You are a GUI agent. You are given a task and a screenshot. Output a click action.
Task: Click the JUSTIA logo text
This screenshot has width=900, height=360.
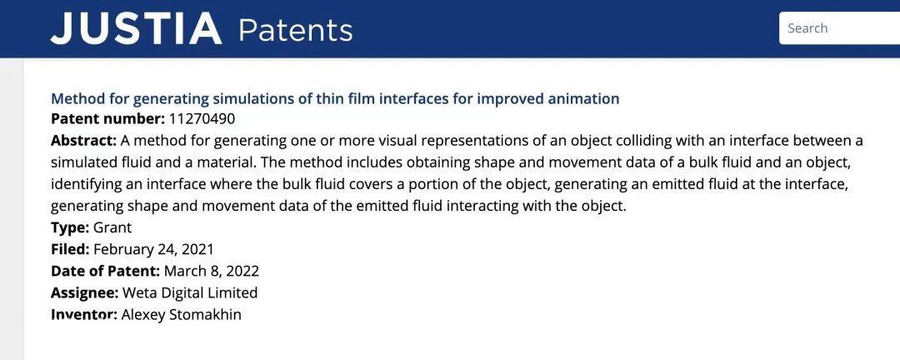(136, 27)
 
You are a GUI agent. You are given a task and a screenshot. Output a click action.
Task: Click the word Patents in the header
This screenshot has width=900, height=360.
(295, 29)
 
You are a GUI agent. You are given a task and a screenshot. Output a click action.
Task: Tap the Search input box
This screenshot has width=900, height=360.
(839, 28)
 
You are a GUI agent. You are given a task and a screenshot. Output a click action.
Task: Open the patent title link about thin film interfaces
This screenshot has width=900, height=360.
(335, 99)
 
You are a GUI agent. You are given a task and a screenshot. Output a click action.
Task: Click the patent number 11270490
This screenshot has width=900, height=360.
(202, 119)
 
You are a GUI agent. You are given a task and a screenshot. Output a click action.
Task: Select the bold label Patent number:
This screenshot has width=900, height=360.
(107, 119)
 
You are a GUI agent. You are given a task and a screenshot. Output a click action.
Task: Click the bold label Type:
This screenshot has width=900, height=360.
(70, 228)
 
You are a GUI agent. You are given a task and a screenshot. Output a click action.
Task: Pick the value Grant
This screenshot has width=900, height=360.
(112, 228)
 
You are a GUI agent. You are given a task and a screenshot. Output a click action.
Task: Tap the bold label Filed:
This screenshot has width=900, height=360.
(71, 250)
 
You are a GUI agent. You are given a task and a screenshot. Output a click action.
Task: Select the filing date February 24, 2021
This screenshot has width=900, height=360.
(154, 250)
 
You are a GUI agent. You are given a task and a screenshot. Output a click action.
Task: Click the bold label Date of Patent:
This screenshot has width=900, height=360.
(106, 272)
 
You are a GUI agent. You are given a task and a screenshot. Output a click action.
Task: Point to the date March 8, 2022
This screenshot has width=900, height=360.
(212, 272)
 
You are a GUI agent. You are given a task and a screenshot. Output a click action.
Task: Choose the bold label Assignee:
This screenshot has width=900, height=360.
(84, 293)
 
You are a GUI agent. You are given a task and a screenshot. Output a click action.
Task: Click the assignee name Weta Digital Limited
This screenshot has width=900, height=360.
(190, 293)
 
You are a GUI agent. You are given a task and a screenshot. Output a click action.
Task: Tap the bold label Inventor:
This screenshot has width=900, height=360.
(84, 315)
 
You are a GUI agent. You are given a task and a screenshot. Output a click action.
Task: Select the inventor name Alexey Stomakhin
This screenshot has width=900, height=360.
(182, 315)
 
